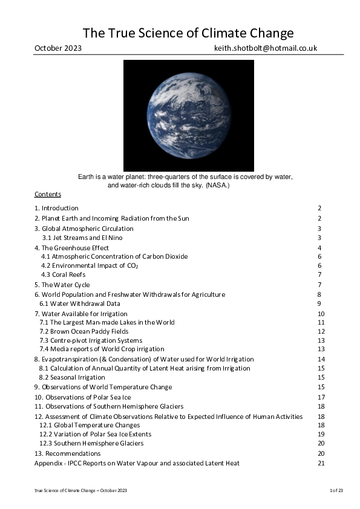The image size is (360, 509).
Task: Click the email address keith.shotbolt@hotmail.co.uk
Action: tap(266, 48)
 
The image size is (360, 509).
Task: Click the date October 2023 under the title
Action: tap(58, 48)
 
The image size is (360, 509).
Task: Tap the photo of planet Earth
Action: tap(189, 115)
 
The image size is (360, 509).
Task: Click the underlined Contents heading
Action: tap(48, 194)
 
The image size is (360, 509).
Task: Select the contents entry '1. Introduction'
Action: tap(56, 208)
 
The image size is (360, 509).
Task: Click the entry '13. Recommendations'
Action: tap(67, 453)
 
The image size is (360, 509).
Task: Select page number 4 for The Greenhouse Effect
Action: tap(319, 248)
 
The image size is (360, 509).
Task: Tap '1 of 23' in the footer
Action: tap(336, 490)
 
